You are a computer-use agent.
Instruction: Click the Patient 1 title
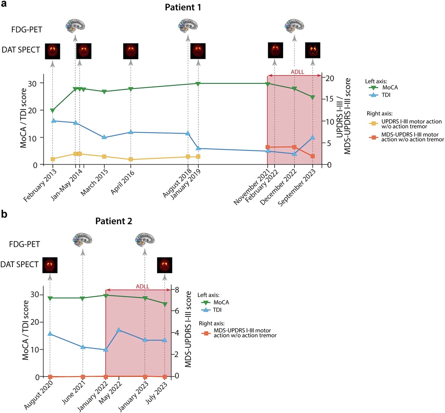coord(183,7)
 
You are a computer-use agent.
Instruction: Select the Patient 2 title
coord(114,221)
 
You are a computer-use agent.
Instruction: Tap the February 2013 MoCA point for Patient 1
coord(53,111)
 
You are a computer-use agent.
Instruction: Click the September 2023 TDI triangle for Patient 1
coord(312,137)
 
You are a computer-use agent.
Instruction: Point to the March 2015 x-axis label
coord(94,182)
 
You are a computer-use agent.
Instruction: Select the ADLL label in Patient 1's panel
coord(297,72)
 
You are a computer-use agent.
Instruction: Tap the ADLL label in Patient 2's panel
coord(142,287)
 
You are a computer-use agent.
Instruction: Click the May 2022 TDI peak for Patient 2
coord(119,330)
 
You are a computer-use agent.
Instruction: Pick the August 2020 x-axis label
coord(39,395)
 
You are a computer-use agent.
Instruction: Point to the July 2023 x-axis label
coord(156,393)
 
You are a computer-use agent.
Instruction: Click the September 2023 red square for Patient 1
coord(312,156)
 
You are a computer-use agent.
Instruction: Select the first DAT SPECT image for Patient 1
coord(53,51)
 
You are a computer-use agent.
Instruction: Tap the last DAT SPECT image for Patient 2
coord(164,265)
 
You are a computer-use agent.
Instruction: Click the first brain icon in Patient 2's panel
coord(82,240)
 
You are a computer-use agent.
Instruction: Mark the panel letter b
coord(4,214)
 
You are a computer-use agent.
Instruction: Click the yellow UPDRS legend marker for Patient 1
coord(374,124)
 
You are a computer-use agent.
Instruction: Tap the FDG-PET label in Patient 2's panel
coord(24,244)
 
